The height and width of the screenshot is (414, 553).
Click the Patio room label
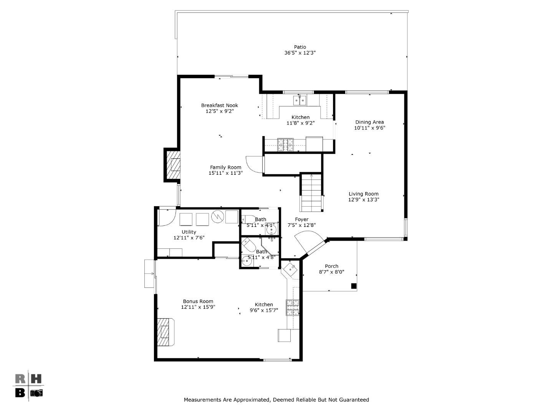pos(300,47)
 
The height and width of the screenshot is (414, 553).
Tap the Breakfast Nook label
pos(219,105)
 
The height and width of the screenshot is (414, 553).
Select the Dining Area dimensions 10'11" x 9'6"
pos(369,128)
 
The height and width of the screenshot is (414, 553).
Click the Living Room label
pos(363,194)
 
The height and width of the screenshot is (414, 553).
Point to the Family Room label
pos(225,168)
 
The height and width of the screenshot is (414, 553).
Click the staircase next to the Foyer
pos(311,193)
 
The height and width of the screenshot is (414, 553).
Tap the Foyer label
pos(301,220)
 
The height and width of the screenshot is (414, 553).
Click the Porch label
pos(331,266)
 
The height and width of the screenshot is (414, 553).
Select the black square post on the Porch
pos(354,286)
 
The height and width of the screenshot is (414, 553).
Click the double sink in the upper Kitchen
pos(300,100)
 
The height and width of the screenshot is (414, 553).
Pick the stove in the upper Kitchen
pos(285,145)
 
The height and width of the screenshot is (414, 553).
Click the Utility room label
pos(189,232)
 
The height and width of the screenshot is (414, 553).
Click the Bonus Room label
pos(198,301)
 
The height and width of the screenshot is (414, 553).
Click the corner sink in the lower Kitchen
pos(290,269)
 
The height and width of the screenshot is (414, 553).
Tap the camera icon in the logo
pos(37,393)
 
